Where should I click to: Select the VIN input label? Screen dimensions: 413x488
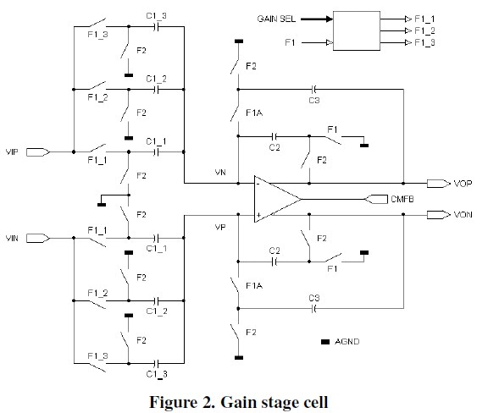point(13,240)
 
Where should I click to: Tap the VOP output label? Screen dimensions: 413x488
point(462,183)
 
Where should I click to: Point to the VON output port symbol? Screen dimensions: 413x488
point(438,215)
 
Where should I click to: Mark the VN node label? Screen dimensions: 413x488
point(219,173)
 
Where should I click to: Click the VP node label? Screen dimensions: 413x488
point(219,227)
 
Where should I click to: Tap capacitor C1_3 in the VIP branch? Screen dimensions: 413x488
point(157,26)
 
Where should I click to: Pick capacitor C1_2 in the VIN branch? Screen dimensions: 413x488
point(157,300)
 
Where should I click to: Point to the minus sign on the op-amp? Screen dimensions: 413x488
point(258,183)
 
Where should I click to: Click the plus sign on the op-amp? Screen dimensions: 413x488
point(258,215)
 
